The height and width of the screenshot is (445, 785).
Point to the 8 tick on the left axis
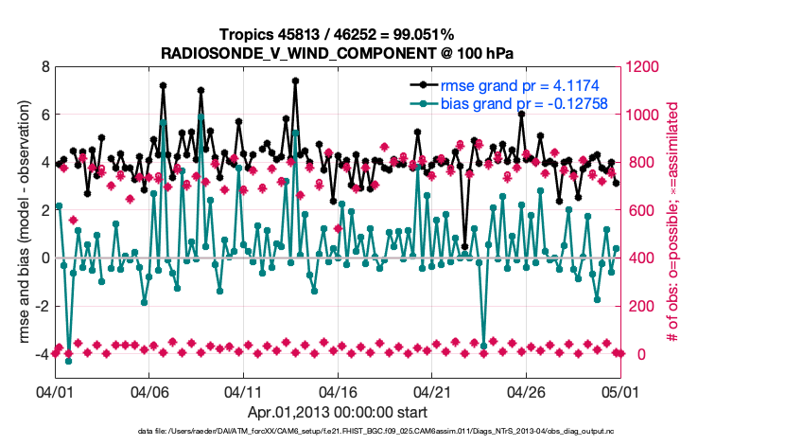[44, 67]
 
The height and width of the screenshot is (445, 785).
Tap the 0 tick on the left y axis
[44, 258]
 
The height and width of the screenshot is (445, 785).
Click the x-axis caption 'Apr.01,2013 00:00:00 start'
[337, 412]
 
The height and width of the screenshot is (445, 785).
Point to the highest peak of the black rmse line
[295, 80]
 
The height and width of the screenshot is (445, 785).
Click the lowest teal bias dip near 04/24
[484, 346]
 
